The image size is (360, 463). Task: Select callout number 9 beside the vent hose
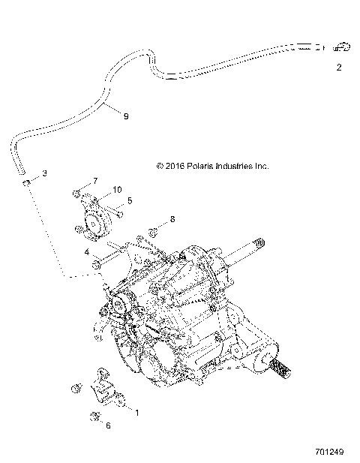click(126, 116)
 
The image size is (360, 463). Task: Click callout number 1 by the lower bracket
click(136, 410)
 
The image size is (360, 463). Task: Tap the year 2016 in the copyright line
click(175, 167)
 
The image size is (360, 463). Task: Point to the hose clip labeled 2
click(342, 47)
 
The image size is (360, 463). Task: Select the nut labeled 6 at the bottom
click(94, 416)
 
